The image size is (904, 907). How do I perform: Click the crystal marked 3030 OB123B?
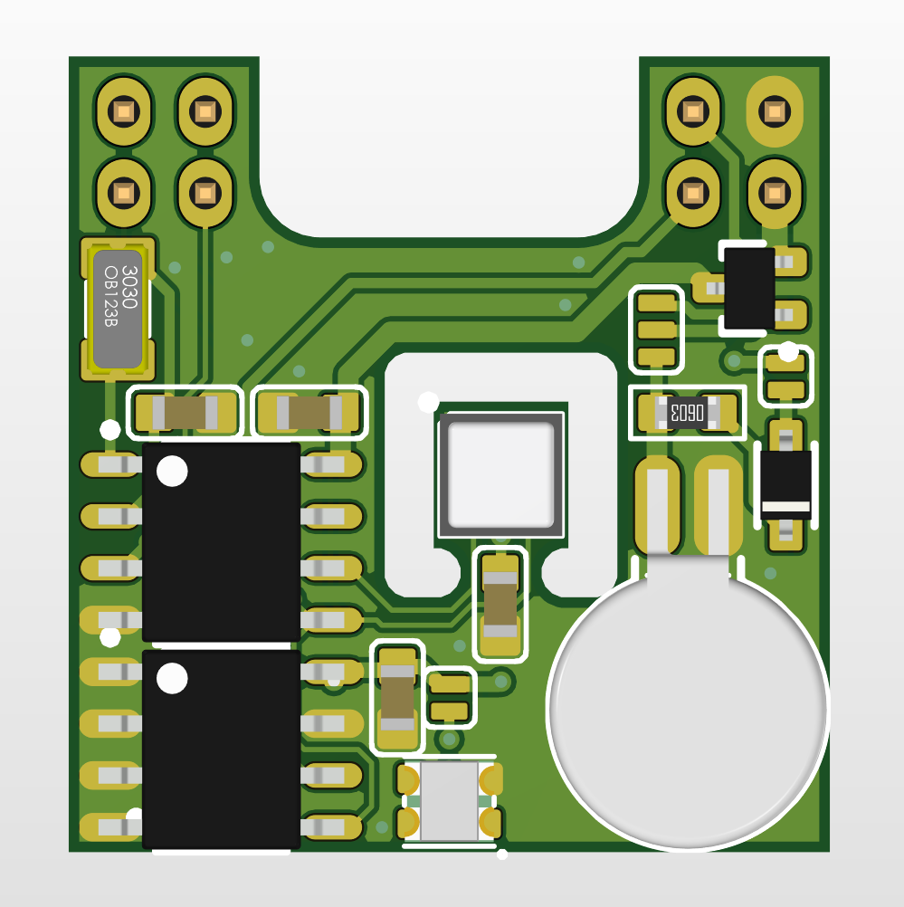(118, 309)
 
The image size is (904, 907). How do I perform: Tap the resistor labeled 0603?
(687, 413)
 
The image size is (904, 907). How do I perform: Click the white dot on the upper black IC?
(172, 471)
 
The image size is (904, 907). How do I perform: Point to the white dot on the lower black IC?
(172, 678)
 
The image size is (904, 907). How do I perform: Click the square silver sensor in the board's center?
(501, 475)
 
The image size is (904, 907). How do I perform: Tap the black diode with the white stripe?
(785, 485)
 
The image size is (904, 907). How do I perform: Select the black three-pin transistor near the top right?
(749, 288)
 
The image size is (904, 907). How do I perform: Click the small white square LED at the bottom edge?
(449, 801)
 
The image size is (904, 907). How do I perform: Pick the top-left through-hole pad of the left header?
(124, 111)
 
